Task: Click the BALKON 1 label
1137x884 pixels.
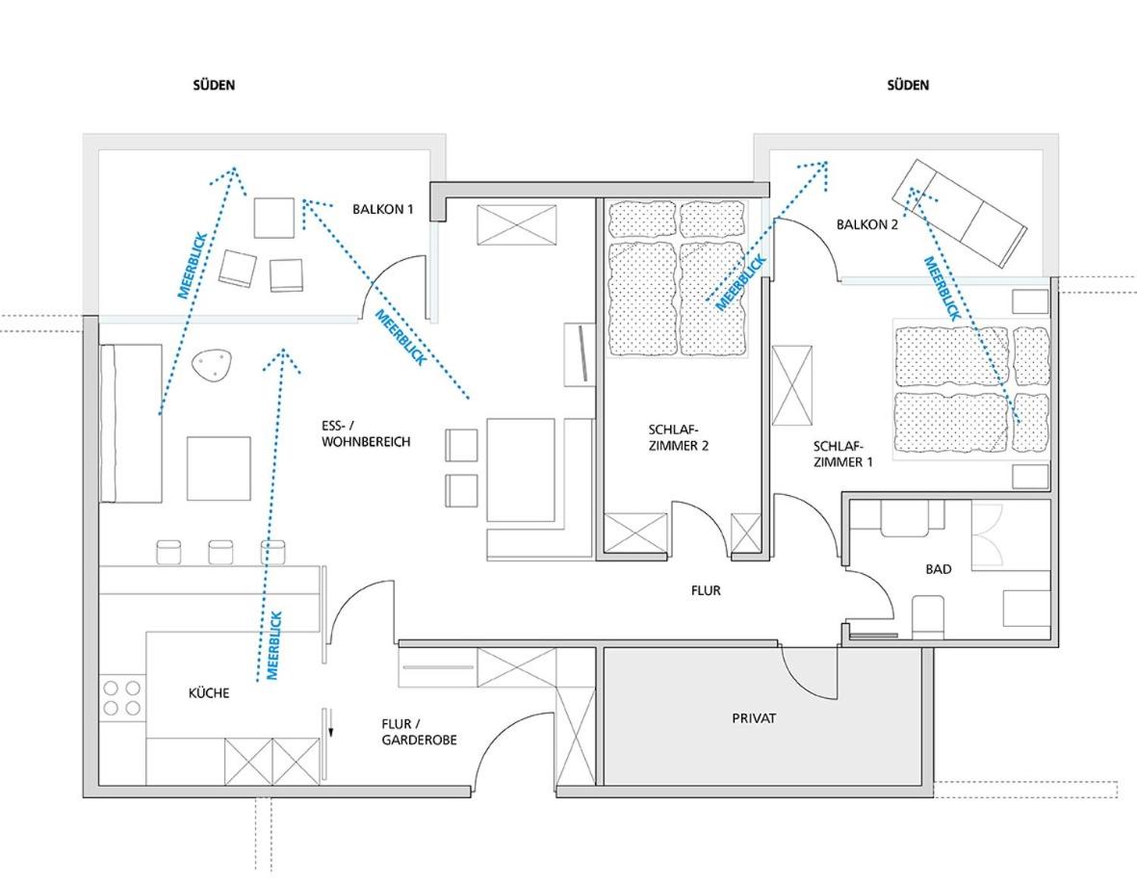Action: (383, 210)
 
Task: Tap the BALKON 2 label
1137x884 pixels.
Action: (867, 224)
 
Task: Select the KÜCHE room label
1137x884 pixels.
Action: (209, 693)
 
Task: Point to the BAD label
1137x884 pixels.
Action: (939, 570)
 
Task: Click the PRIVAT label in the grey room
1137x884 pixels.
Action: (754, 718)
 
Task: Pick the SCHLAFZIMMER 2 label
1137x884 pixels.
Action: (678, 438)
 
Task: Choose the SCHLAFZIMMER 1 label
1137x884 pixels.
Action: (842, 454)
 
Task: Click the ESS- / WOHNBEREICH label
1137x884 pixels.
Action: (366, 433)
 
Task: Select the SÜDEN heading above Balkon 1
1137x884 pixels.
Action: (214, 85)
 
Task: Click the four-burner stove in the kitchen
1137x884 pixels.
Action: (122, 697)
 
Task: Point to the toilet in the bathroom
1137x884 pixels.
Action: (927, 617)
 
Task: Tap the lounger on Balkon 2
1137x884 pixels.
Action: (959, 213)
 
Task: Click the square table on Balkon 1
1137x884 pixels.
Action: (274, 218)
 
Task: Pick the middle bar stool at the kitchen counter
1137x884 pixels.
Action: (220, 552)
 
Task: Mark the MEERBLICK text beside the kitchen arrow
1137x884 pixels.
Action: (272, 645)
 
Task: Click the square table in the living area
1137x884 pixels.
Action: (219, 468)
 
